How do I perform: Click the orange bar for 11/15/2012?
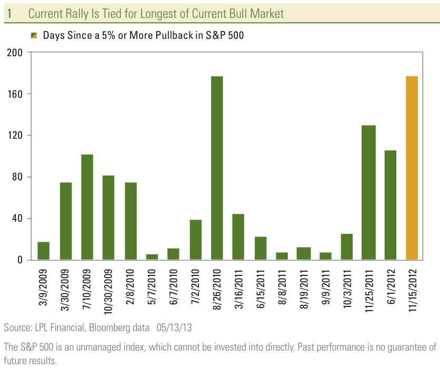(412, 168)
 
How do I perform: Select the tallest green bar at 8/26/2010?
(217, 168)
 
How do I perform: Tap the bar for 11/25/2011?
(368, 192)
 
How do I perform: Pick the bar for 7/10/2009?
(87, 207)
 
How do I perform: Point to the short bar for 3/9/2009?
(44, 251)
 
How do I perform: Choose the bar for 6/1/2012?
(390, 205)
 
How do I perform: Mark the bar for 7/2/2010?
(195, 240)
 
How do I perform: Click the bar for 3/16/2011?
(238, 237)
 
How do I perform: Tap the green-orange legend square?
(34, 36)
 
